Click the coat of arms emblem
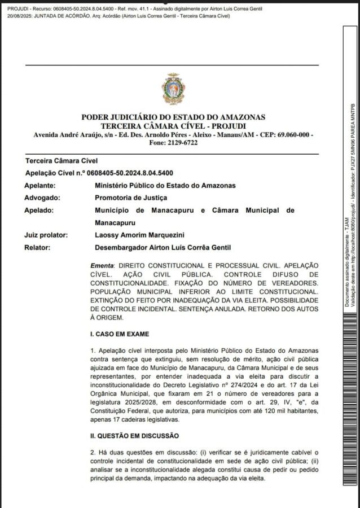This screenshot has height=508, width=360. click(173, 89)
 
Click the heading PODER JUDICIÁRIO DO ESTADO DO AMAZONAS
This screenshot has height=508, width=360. click(173, 117)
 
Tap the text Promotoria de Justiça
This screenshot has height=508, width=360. click(131, 198)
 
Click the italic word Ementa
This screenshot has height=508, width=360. click(102, 265)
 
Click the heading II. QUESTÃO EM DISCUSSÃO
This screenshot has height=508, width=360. click(135, 436)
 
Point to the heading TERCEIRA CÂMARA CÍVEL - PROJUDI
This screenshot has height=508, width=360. click(173, 125)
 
